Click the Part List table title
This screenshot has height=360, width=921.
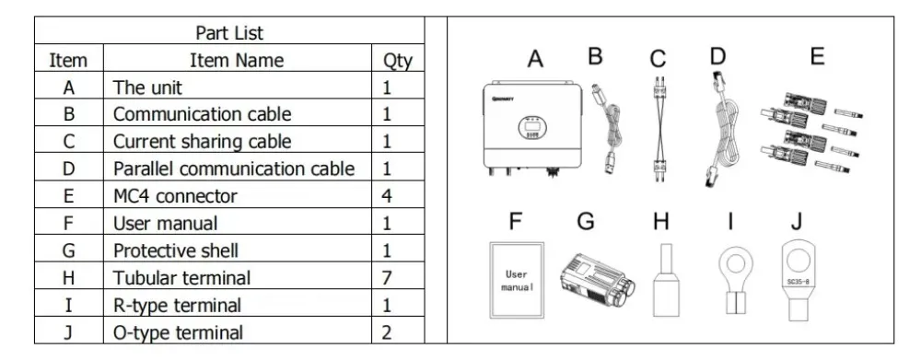click(x=229, y=33)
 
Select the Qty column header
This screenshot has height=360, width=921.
click(x=397, y=61)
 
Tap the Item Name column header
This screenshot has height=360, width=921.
click(x=237, y=61)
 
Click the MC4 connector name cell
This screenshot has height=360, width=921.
click(x=175, y=196)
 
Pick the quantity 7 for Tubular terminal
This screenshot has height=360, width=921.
click(x=388, y=277)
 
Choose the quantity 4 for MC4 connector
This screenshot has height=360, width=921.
click(x=388, y=196)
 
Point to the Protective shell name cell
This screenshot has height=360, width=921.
click(x=176, y=250)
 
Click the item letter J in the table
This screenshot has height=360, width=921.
click(x=68, y=332)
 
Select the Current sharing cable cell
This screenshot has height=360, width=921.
click(x=202, y=142)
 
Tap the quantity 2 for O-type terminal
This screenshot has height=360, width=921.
click(x=388, y=332)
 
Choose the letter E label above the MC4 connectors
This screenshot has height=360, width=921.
click(x=817, y=57)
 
